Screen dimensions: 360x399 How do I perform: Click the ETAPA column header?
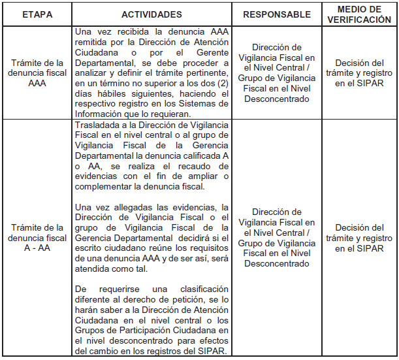point(37,14)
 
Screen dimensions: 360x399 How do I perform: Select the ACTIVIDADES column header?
point(152,14)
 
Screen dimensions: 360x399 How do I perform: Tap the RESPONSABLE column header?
point(276,14)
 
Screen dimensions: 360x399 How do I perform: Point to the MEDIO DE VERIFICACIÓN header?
point(359,14)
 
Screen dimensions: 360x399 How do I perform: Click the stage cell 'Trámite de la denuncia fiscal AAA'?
point(37,73)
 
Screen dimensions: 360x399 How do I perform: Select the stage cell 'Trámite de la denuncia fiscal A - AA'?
point(37,237)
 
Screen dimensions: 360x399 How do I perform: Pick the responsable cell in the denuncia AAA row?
point(276,73)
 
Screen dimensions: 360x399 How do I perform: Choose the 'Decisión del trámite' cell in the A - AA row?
point(359,237)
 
